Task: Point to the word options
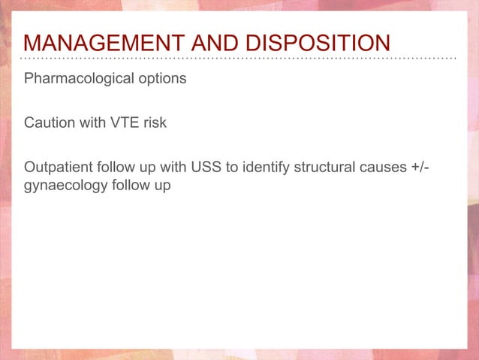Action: (x=161, y=79)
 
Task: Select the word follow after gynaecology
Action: (x=126, y=185)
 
